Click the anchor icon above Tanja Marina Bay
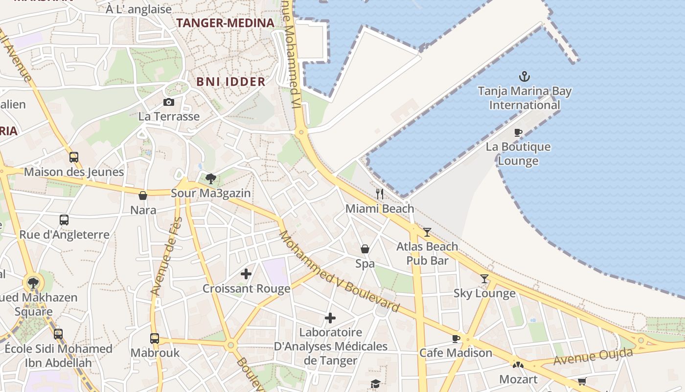pos(525,76)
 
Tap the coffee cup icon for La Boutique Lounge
pos(518,132)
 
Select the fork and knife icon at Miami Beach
pos(379,194)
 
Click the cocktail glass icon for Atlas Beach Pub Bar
pos(427,232)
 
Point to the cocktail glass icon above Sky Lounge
pos(484,279)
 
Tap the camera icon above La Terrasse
pos(169,102)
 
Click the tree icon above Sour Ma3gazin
pos(210,179)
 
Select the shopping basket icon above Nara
pos(143,196)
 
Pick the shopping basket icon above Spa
pos(365,249)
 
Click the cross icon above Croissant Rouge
pos(246,274)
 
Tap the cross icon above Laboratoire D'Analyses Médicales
pos(330,318)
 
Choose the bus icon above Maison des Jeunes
pos(74,157)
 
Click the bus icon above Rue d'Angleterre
pos(64,220)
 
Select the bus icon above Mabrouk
pos(155,338)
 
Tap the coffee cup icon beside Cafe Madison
pos(456,338)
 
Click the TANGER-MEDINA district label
pos(225,23)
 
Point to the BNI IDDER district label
pos(231,82)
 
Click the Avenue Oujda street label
pos(593,356)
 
